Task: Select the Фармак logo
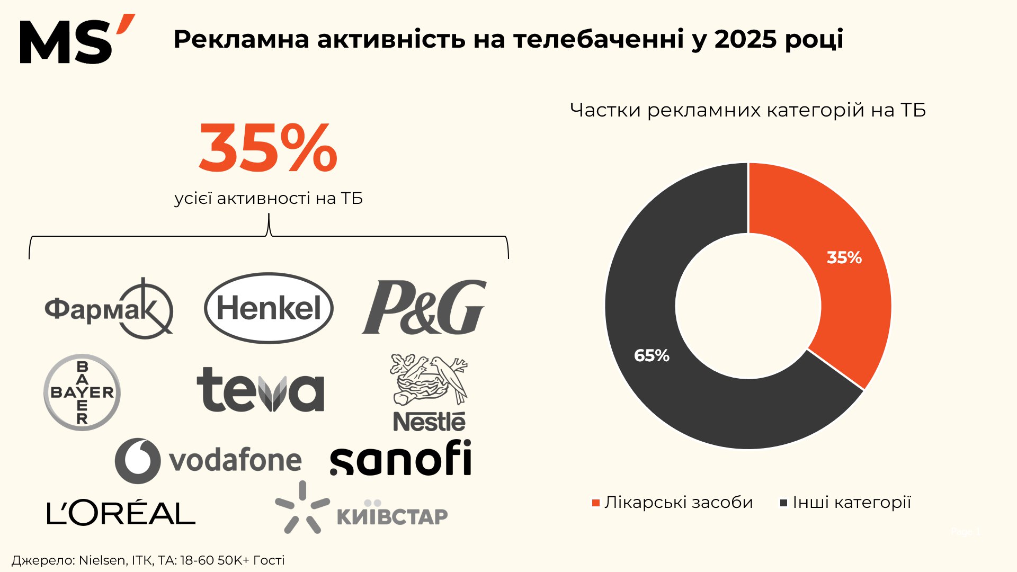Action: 109,309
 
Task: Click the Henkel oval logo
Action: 269,308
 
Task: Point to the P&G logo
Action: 424,307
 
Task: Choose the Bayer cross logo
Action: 82,392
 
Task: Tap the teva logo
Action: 260,390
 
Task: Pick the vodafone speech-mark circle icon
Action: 138,460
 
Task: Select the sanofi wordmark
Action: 400,459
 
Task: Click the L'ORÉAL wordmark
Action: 121,513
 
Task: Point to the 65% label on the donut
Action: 652,355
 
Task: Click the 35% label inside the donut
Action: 844,258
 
